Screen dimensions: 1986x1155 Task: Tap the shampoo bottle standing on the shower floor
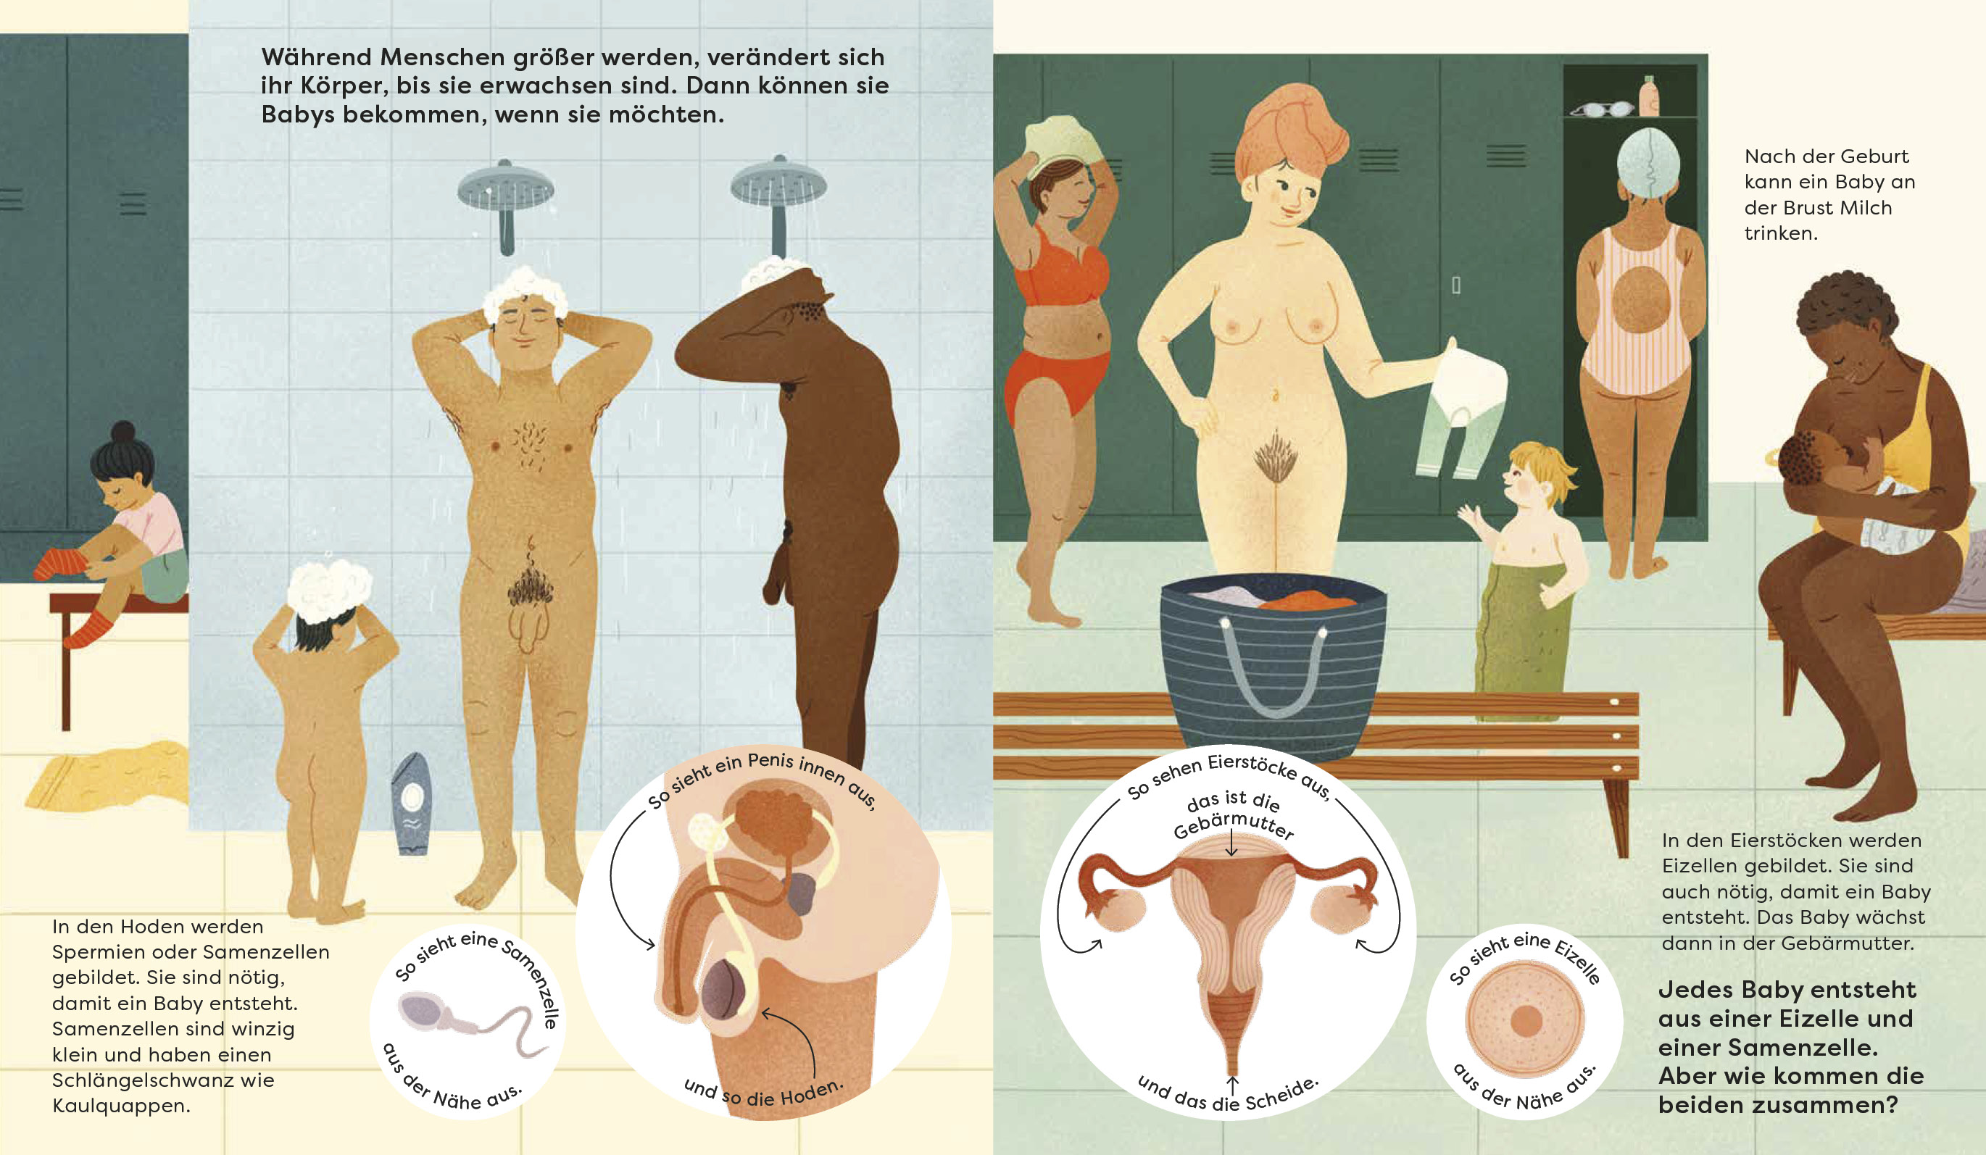[412, 804]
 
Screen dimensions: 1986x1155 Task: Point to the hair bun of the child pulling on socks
[123, 433]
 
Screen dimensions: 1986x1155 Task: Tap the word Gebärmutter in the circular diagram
[1234, 827]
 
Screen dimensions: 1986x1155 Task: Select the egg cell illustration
[1524, 1021]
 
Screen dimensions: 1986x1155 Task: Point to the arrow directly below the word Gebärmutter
[1231, 845]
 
